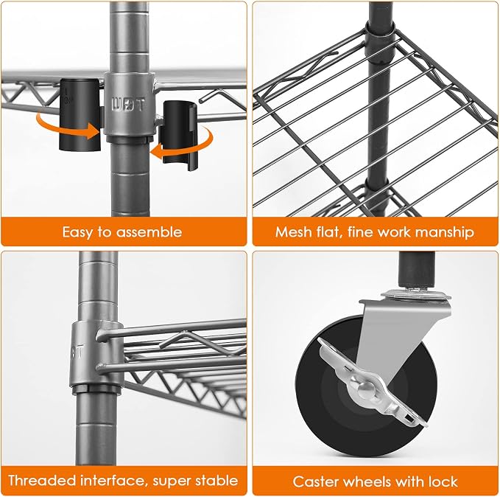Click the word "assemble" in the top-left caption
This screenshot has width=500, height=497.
[149, 232]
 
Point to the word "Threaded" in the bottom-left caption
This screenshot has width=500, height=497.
[41, 480]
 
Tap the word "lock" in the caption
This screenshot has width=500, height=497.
[443, 482]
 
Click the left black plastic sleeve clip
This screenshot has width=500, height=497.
[80, 114]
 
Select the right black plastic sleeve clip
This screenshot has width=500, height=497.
[180, 136]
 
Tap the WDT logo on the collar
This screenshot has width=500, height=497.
[128, 105]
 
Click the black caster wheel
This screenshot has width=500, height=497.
[366, 385]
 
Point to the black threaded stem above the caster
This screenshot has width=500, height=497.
[417, 269]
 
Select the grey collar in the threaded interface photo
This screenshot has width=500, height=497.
[96, 353]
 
